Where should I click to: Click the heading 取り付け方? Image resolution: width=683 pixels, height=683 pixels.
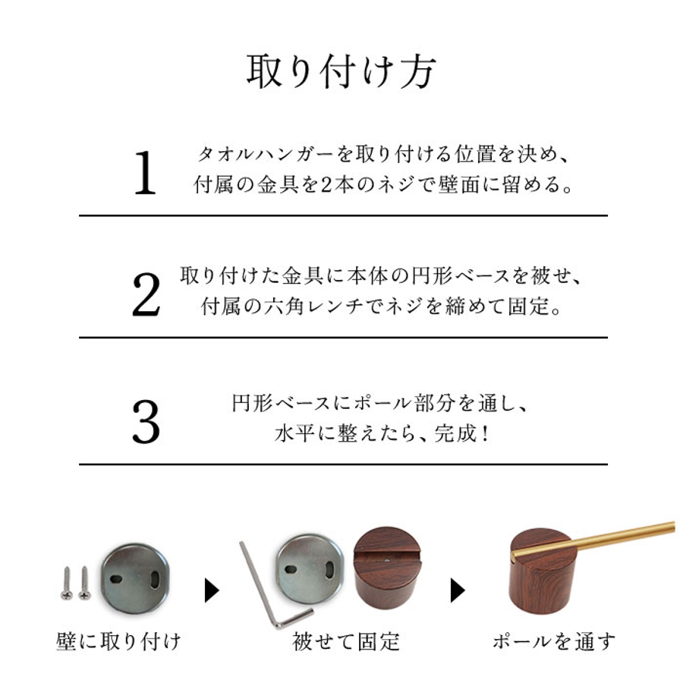(x=341, y=72)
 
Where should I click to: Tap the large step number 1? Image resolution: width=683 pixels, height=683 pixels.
(x=146, y=173)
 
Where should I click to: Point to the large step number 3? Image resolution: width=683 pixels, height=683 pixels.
(x=146, y=421)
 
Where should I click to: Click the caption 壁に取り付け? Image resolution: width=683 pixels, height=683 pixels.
(x=118, y=641)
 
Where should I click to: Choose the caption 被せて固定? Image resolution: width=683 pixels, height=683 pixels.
(x=346, y=641)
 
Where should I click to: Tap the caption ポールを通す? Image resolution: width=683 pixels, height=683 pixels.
(x=555, y=641)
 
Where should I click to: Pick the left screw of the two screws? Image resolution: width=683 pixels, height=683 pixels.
(x=67, y=584)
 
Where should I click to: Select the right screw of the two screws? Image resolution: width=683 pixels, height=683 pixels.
(x=84, y=584)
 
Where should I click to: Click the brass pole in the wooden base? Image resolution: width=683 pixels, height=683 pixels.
(x=593, y=540)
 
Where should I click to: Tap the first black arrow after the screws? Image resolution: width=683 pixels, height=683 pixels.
(x=212, y=590)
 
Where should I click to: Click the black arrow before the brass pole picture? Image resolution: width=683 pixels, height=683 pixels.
(x=458, y=590)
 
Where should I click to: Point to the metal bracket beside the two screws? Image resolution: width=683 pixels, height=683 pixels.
(x=135, y=578)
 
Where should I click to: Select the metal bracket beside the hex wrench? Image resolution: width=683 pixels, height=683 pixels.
(x=310, y=569)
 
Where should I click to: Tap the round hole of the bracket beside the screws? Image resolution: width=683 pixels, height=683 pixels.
(x=116, y=580)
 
